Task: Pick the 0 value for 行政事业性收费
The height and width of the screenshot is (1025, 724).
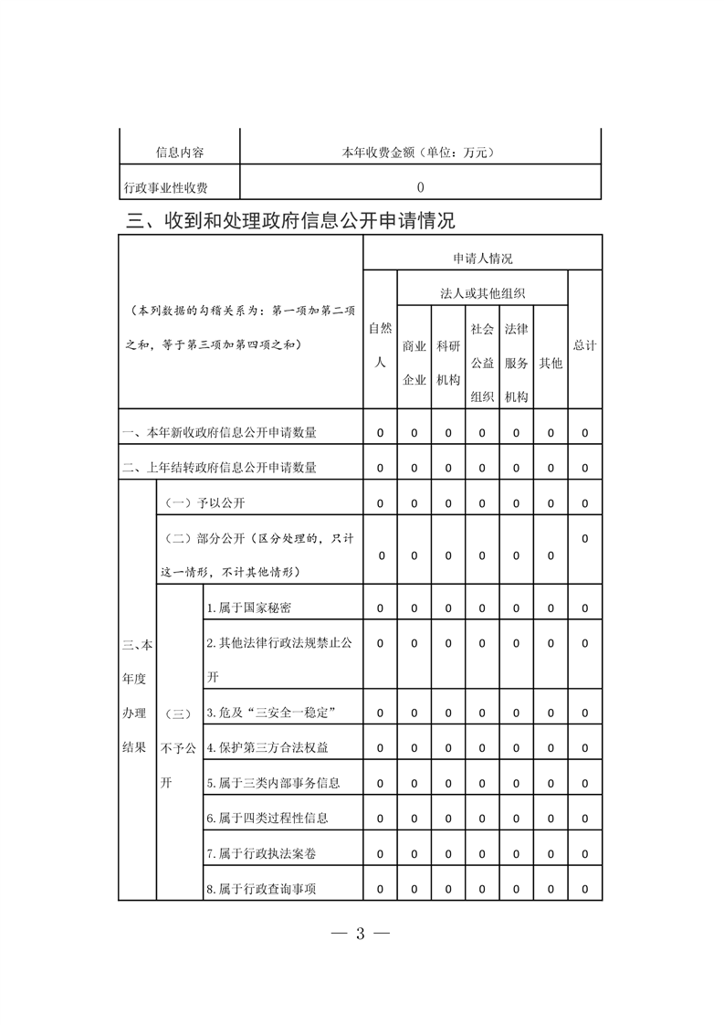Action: click(420, 187)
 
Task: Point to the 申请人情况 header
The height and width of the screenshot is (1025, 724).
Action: click(482, 259)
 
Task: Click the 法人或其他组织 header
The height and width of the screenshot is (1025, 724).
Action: click(482, 293)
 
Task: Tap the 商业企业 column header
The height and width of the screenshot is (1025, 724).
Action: click(414, 363)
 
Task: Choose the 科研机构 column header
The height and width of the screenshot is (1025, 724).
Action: click(447, 363)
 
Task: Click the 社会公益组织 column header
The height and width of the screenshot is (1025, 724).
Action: click(482, 362)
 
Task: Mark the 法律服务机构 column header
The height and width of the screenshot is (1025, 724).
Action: click(516, 362)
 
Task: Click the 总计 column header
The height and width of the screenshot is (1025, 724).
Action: click(585, 345)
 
